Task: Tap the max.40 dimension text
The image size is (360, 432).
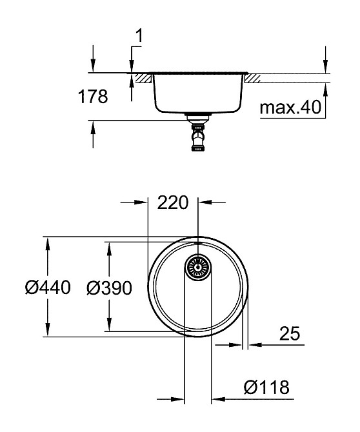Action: (290, 107)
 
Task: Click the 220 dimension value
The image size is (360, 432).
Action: (172, 202)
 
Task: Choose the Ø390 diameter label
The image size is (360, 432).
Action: (109, 288)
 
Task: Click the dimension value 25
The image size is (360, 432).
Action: (290, 333)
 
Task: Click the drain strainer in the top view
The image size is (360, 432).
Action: (199, 267)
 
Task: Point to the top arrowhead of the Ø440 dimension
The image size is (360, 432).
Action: (46, 243)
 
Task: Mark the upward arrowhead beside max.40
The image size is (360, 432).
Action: (325, 90)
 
